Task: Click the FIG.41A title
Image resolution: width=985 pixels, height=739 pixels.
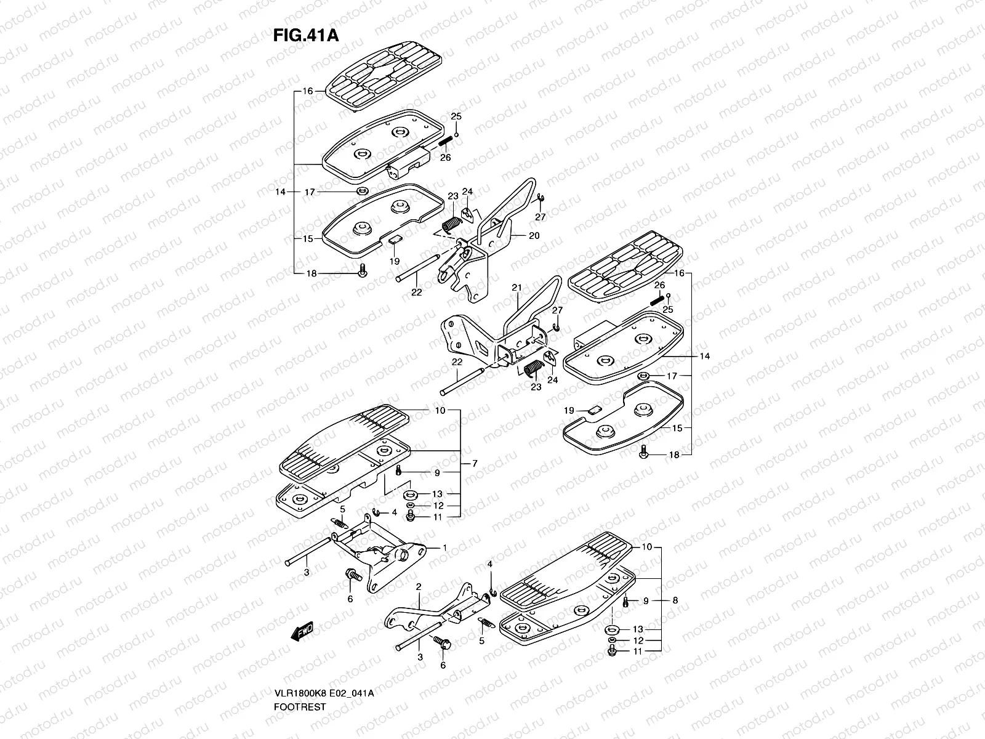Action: [x=305, y=34]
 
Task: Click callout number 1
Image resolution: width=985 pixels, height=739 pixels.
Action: [x=444, y=547]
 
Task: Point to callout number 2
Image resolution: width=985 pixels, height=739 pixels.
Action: [x=418, y=587]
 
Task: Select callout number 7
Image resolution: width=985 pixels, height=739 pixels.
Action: [x=475, y=462]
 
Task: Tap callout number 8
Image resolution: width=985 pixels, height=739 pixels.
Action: [x=675, y=600]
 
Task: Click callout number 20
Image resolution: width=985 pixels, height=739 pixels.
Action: [x=534, y=235]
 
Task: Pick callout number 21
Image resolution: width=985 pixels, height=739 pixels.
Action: [x=517, y=288]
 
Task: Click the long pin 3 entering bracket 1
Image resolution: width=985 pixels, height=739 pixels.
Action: [x=314, y=548]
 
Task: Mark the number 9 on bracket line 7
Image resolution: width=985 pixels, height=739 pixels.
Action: [x=437, y=473]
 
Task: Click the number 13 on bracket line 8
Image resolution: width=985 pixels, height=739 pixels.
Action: [x=638, y=629]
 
